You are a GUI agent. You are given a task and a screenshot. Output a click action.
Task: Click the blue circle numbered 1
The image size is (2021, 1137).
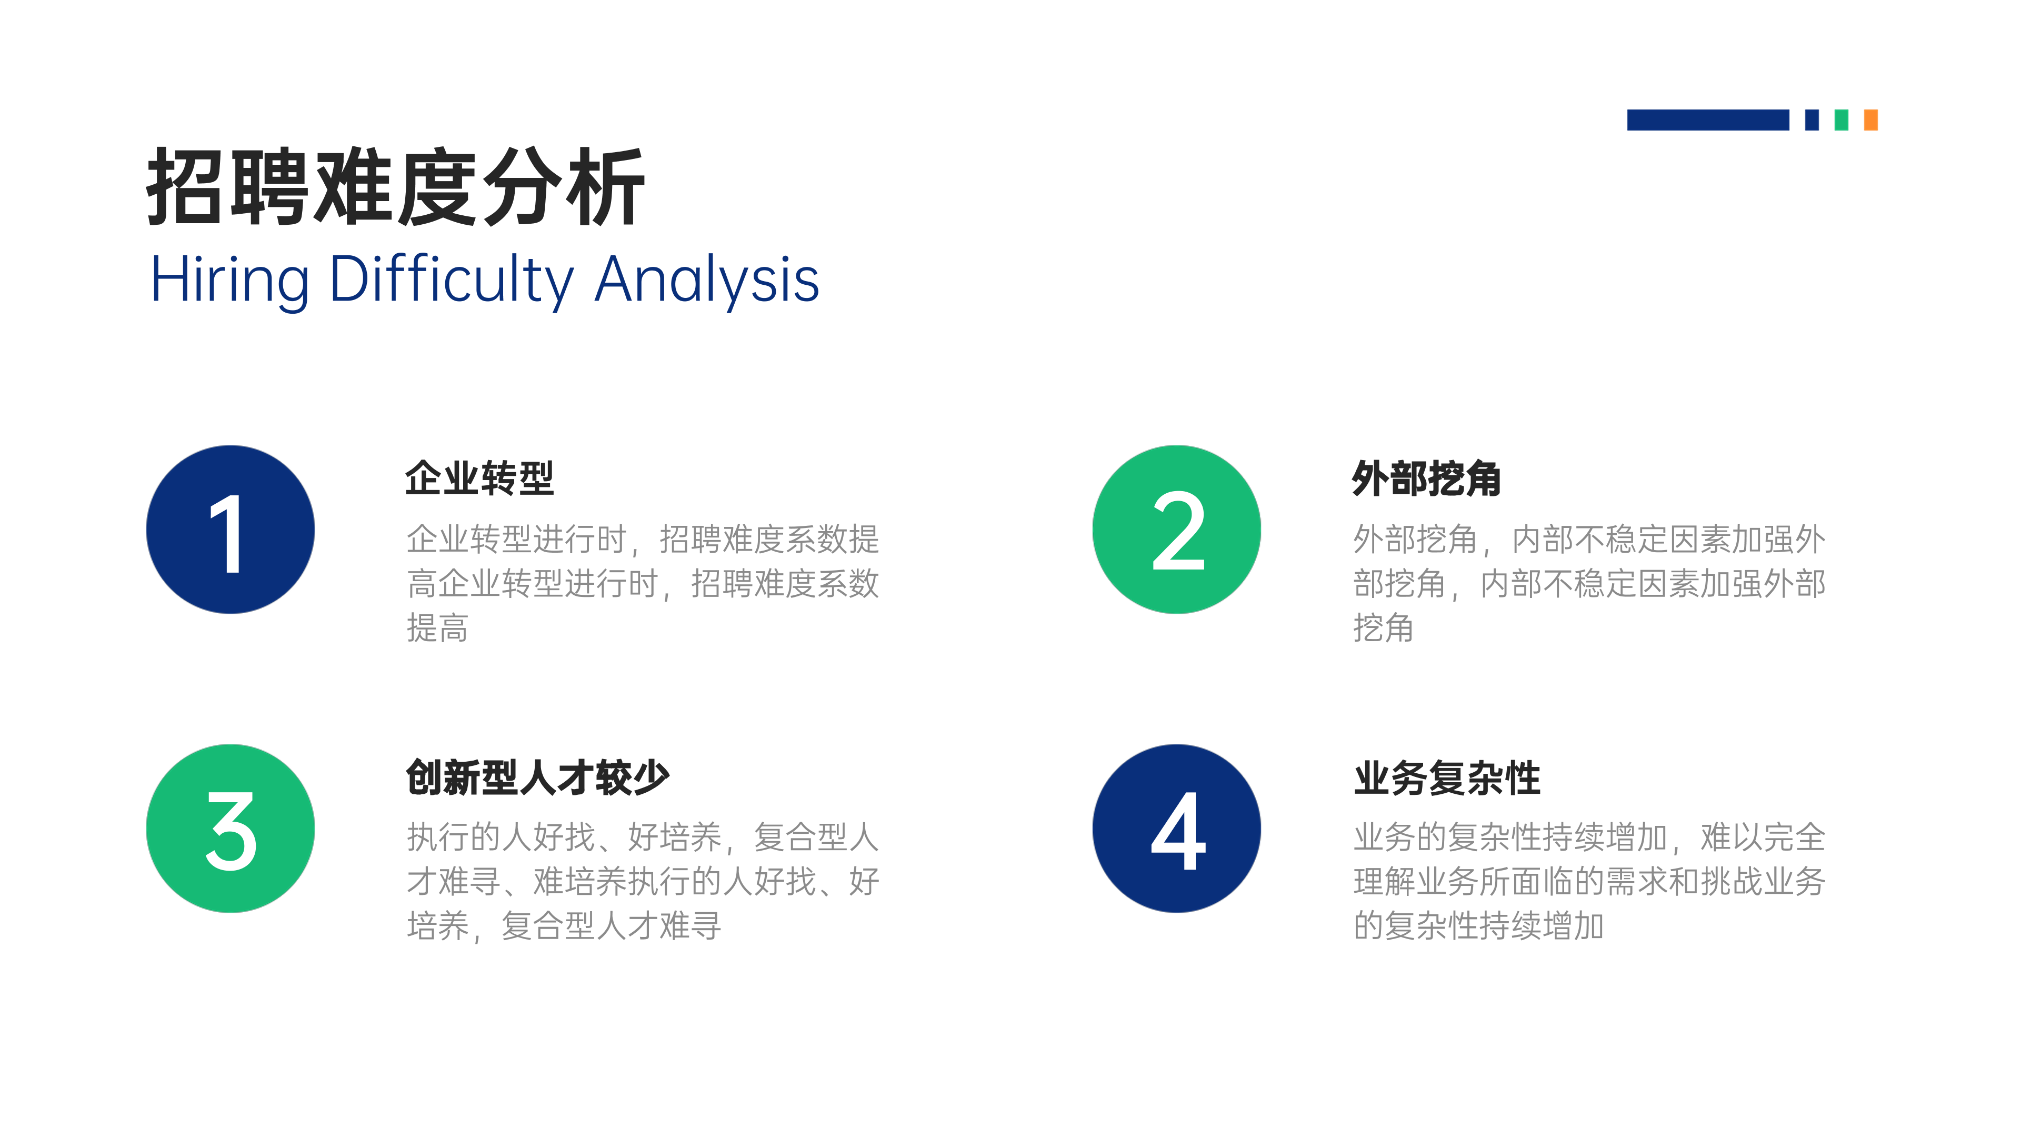pos(231,530)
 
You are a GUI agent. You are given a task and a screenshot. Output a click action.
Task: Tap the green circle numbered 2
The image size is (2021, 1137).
pos(1177,530)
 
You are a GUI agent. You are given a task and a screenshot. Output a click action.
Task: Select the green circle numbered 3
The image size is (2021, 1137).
pos(231,829)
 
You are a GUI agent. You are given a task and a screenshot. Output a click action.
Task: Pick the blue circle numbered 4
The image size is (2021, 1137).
pos(1177,829)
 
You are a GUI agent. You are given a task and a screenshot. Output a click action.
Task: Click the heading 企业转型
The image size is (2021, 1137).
pos(480,478)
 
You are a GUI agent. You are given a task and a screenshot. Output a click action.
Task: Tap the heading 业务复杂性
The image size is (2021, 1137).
pos(1447,777)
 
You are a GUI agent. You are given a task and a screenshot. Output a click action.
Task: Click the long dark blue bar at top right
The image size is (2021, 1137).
pos(1708,120)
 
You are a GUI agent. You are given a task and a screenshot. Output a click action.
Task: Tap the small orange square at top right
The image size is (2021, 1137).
pos(1871,120)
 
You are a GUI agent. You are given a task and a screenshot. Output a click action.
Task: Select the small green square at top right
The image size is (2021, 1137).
pos(1842,120)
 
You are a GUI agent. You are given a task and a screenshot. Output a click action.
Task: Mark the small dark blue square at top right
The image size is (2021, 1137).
pos(1812,120)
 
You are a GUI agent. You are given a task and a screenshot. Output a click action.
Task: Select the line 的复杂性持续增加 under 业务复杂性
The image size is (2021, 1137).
pos(1479,926)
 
